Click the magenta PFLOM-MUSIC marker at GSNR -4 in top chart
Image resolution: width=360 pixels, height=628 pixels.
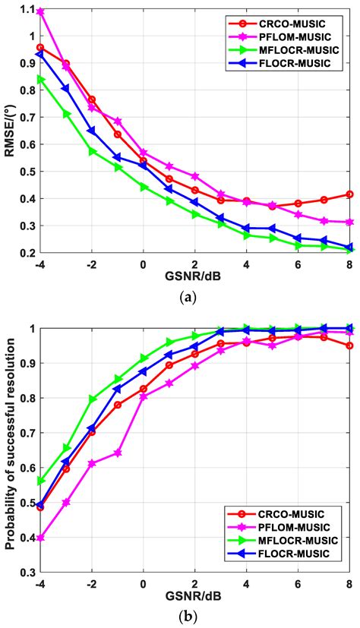40,12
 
